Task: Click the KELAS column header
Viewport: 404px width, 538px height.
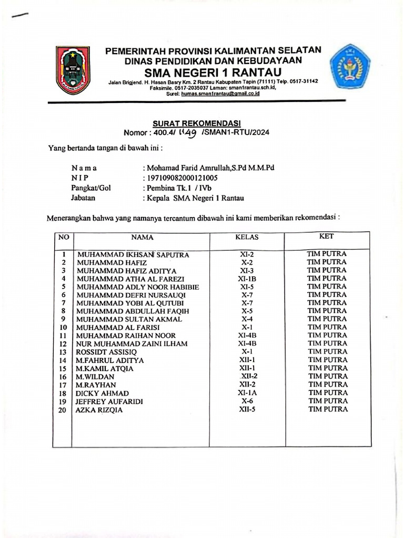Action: tap(247, 237)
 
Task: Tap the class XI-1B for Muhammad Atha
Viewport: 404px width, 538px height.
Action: tap(247, 278)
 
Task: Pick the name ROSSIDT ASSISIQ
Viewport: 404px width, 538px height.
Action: tap(107, 352)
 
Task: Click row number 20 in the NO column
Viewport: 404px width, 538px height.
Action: tap(63, 410)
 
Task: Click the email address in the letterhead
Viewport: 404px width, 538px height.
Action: tap(216, 94)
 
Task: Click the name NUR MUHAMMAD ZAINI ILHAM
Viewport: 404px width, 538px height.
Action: tap(132, 344)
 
